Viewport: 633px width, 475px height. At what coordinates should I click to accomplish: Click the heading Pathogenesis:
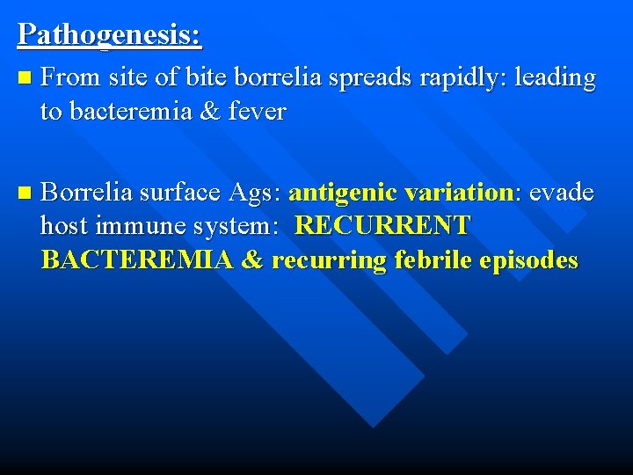tap(109, 34)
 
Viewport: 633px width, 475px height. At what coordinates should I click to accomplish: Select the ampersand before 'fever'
tap(208, 112)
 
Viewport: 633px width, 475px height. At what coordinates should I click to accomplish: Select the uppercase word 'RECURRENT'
tap(383, 226)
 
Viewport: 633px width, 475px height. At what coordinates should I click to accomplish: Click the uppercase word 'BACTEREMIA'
tap(136, 260)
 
